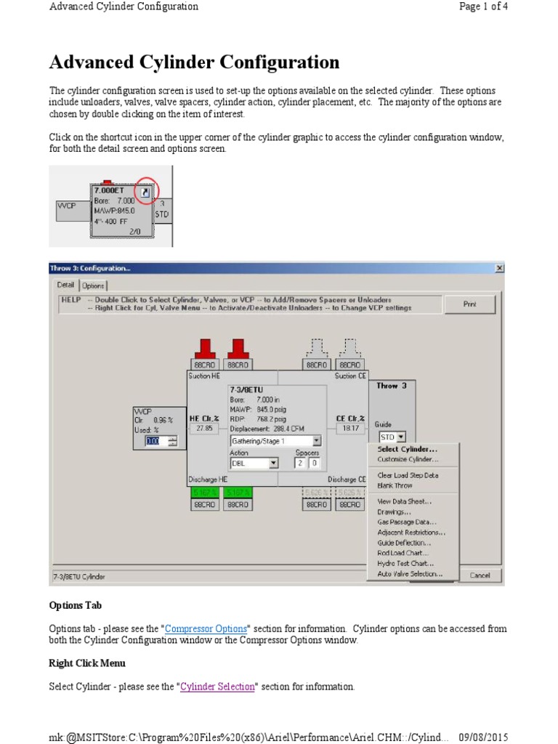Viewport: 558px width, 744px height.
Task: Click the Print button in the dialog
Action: pyautogui.click(x=469, y=304)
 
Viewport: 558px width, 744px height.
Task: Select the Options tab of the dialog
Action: pyautogui.click(x=92, y=286)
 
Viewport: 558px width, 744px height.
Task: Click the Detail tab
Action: pyautogui.click(x=65, y=285)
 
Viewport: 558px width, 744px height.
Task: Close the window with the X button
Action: pyautogui.click(x=499, y=268)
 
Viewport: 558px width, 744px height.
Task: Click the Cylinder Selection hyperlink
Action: pyautogui.click(x=217, y=687)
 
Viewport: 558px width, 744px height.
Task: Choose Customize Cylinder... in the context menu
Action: pyautogui.click(x=408, y=459)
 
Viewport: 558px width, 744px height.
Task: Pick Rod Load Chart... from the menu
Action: pyautogui.click(x=403, y=553)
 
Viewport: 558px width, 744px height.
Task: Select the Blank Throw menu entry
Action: pyautogui.click(x=395, y=485)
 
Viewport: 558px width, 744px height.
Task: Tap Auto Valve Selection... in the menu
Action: pyautogui.click(x=409, y=574)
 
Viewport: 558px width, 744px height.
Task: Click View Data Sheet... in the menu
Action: pyautogui.click(x=404, y=501)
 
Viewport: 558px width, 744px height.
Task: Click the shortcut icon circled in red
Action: pyautogui.click(x=146, y=192)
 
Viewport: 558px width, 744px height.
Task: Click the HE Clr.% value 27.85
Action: pyautogui.click(x=204, y=429)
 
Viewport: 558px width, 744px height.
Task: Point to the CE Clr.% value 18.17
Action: pyautogui.click(x=350, y=429)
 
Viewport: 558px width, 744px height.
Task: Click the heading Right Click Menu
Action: pyautogui.click(x=87, y=663)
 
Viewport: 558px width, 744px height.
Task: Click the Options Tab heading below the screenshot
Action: pyautogui.click(x=75, y=605)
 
